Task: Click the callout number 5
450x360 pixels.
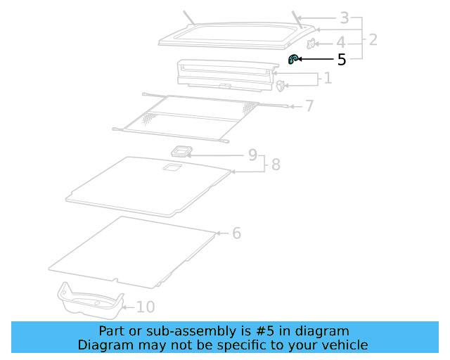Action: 342,60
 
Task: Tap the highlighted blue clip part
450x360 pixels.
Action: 294,60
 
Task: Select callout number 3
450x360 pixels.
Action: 344,18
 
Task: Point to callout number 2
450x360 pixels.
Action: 372,39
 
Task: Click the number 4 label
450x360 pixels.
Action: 340,42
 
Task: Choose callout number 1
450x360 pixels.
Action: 327,78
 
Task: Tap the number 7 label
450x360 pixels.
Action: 309,106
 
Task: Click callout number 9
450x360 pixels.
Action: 252,155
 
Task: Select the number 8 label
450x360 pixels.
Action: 275,165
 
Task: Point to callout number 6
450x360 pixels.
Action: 236,233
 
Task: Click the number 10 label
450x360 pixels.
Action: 146,307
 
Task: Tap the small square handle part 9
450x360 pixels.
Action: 182,151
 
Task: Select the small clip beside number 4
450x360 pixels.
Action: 311,47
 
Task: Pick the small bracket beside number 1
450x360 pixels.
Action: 281,86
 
